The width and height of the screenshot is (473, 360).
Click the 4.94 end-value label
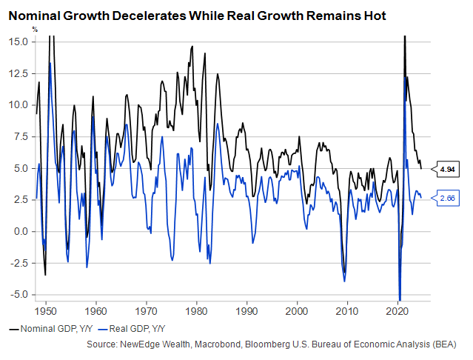point(446,169)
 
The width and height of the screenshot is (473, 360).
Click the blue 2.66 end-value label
point(446,198)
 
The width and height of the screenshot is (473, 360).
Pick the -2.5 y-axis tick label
point(19,263)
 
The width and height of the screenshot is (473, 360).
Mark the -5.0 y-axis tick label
point(19,295)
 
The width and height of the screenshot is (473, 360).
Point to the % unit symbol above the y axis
point(35,29)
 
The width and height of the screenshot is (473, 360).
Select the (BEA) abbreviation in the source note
point(444,344)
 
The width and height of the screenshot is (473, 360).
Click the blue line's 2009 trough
point(344,281)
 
